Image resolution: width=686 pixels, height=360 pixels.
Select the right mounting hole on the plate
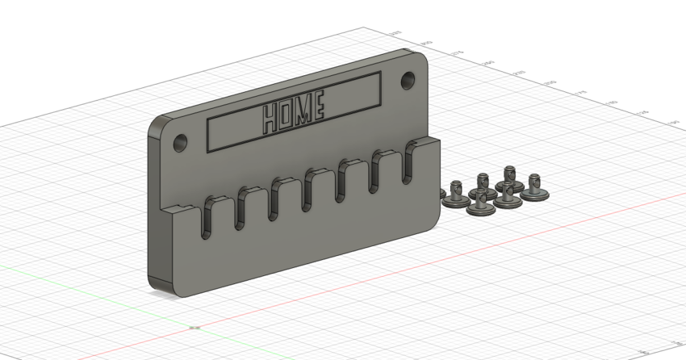408,80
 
